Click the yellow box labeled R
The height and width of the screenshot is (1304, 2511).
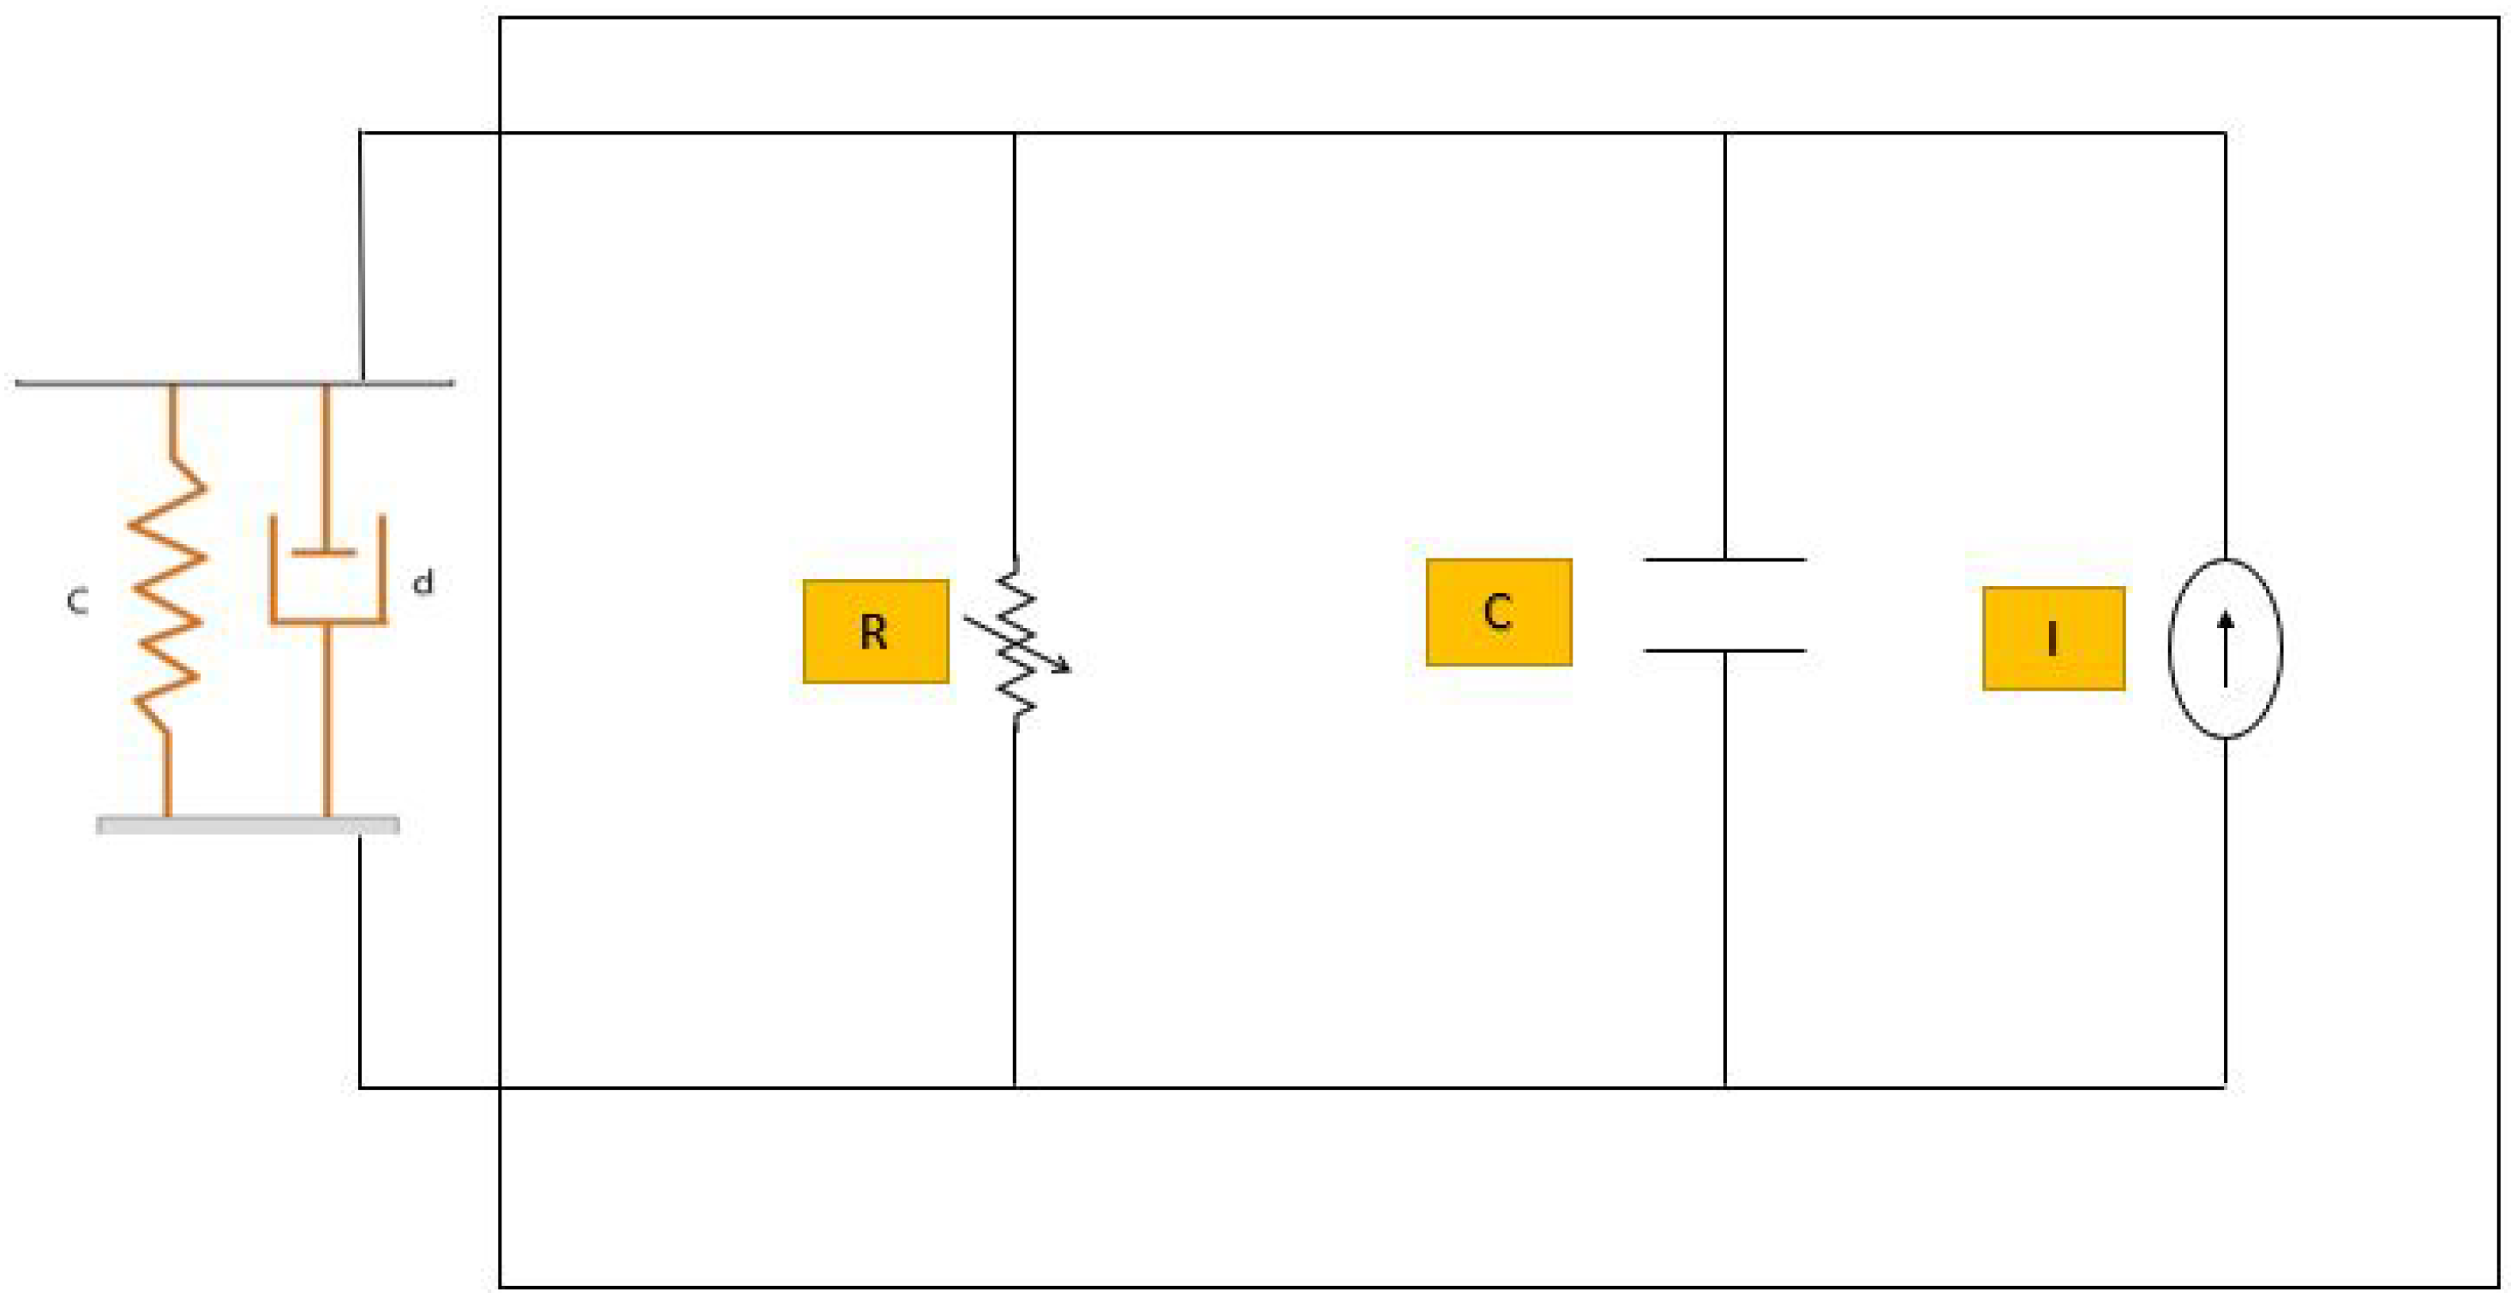[875, 631]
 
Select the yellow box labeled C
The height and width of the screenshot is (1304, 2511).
[1498, 612]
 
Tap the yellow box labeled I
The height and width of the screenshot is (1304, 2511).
[2053, 638]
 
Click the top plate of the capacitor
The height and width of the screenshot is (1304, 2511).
[1724, 560]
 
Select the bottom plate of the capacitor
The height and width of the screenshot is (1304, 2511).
[1724, 650]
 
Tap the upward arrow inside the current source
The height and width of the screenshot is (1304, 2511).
[2226, 648]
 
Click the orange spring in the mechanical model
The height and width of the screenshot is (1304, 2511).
[168, 595]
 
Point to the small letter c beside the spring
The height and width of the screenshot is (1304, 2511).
[77, 601]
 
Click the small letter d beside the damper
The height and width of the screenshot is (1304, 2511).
[423, 583]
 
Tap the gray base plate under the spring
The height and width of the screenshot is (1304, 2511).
[248, 825]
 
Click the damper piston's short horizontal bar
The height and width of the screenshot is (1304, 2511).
[324, 553]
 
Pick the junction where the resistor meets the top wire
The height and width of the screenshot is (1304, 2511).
[1015, 133]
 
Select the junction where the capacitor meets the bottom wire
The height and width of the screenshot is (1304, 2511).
[1724, 1086]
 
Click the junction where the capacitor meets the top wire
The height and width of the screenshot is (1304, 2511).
[1724, 133]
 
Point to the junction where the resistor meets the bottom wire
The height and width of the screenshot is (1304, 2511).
[1015, 1086]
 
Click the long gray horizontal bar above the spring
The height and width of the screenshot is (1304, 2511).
[234, 383]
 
